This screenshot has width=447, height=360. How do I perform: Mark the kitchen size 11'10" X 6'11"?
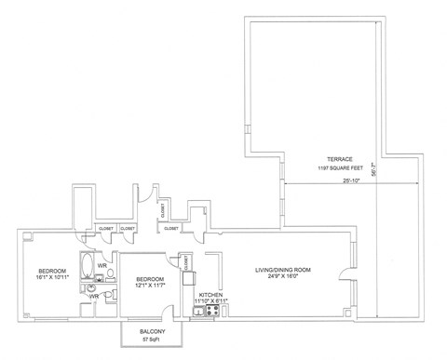tap(210, 301)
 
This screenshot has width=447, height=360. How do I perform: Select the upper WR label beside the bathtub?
tap(102, 265)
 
